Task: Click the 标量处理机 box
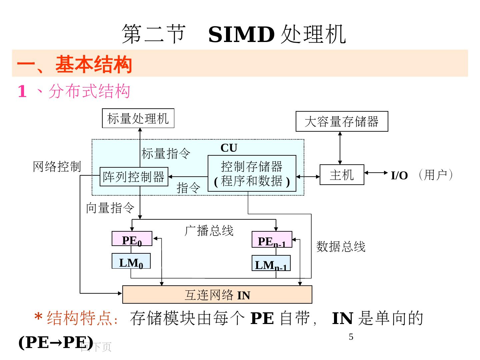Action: pos(138,118)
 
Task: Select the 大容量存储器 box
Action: pos(342,121)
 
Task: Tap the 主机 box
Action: pos(342,174)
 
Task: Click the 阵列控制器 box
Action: pos(134,176)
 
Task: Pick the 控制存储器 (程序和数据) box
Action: pos(252,173)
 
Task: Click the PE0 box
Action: pos(132,239)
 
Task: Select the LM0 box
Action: pos(131,261)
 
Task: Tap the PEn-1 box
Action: pos(272,240)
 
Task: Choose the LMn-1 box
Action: pos(271,263)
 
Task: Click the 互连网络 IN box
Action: pos(217,295)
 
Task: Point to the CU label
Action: pos(229,148)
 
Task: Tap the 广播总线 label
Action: pos(209,230)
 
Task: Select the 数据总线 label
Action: pos(341,247)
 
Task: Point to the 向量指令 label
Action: pos(110,208)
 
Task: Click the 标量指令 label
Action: pos(166,154)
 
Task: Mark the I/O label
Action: pos(399,175)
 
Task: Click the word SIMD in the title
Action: pos(241,34)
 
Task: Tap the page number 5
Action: pos(351,337)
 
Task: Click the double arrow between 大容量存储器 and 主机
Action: pos(340,148)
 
